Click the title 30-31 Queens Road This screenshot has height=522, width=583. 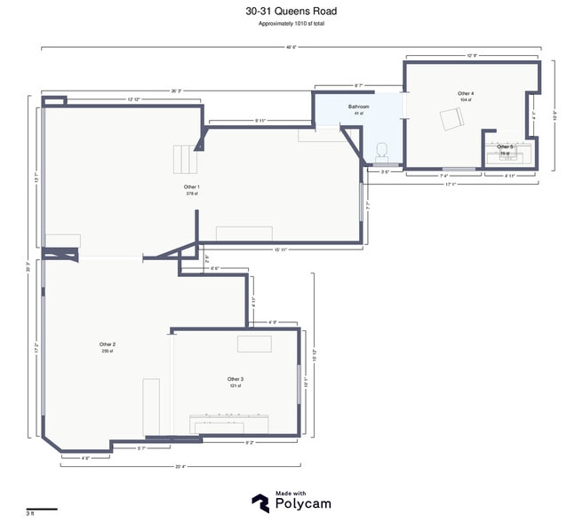click(291, 12)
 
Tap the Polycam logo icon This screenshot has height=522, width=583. click(260, 502)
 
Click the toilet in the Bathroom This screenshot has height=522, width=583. click(383, 152)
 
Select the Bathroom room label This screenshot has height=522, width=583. click(359, 107)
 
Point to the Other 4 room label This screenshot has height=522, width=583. click(466, 93)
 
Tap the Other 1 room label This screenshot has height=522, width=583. click(191, 187)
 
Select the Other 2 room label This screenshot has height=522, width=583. click(108, 344)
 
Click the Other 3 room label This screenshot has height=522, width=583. click(236, 379)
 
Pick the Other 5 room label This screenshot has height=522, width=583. click(505, 146)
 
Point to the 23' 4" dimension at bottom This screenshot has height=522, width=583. click(180, 465)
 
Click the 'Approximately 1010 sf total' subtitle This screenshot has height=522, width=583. click(291, 24)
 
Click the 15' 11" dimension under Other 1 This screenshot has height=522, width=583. click(280, 249)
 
